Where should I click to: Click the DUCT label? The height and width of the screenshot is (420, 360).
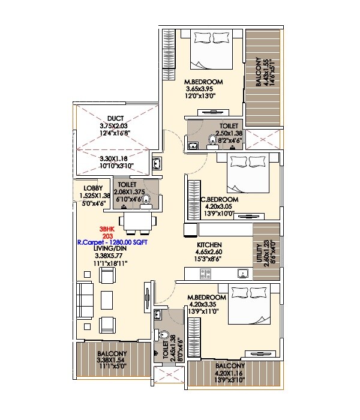tap(116, 118)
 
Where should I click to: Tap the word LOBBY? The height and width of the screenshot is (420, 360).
tap(84, 188)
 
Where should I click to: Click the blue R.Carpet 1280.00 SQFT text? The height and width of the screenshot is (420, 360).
tap(112, 243)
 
